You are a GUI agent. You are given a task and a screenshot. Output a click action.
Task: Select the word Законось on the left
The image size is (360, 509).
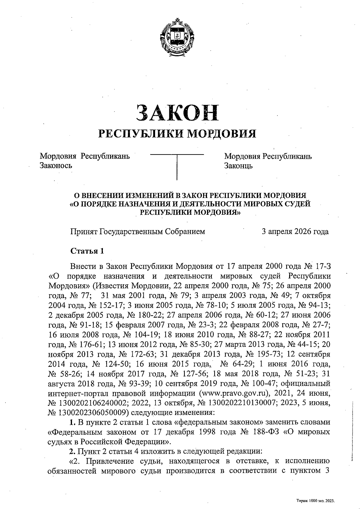tap(56, 165)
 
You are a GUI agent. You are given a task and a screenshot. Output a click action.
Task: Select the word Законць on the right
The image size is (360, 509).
tap(238, 165)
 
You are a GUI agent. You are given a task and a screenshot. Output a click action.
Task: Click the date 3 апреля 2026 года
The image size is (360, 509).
tap(295, 231)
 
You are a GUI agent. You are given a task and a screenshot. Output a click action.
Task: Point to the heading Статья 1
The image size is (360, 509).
tap(87, 251)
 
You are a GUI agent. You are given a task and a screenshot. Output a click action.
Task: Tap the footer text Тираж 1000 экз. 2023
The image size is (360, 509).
tap(315, 501)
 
